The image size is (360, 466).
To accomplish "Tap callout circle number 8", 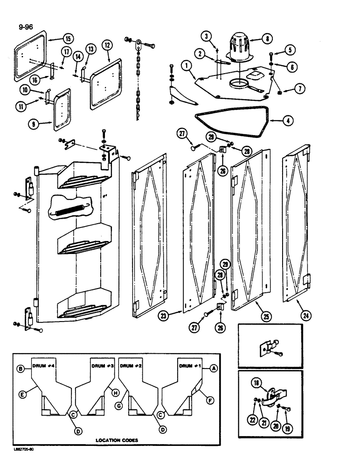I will (x=267, y=40).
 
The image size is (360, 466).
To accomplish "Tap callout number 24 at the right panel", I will (x=307, y=315).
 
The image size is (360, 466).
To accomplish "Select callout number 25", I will (x=266, y=317).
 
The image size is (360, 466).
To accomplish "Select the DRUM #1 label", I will (x=191, y=366).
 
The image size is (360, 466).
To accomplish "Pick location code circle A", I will (x=214, y=368).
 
